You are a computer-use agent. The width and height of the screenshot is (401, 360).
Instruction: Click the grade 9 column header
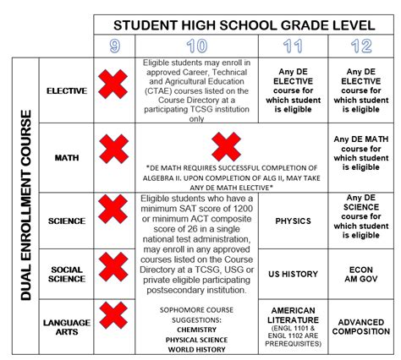point(114,46)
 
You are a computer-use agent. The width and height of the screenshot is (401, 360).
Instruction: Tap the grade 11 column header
point(293,46)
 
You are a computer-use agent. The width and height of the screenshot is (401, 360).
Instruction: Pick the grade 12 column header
point(361,46)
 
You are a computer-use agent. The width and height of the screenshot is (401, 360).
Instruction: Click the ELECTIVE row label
point(67,90)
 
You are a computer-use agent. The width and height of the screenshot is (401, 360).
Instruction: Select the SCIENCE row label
point(67,221)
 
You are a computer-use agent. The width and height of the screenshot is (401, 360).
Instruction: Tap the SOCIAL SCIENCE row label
point(67,275)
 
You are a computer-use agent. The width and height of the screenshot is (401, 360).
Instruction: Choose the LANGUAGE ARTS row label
point(67,327)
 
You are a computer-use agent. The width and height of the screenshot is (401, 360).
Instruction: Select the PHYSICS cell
point(293,221)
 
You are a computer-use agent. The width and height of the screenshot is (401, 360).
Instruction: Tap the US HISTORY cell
point(293,274)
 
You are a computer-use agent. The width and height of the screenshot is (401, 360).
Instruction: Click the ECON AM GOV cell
point(361,274)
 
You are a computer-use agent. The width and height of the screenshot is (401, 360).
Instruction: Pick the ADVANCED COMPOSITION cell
point(361,327)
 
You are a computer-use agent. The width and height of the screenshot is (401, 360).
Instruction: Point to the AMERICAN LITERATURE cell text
point(293,326)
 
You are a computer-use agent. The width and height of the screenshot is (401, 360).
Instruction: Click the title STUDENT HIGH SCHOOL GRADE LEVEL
point(245,25)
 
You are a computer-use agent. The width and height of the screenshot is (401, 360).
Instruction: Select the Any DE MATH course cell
point(361,155)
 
